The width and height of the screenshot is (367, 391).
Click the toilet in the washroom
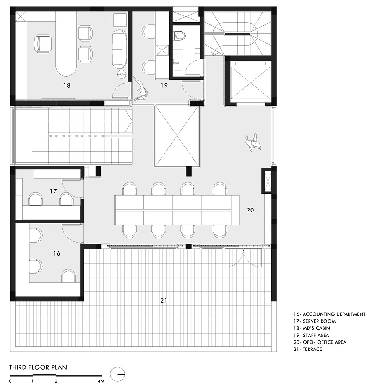click(x=179, y=36)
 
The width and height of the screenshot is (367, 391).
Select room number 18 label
click(x=67, y=85)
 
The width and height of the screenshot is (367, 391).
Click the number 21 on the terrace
click(x=164, y=301)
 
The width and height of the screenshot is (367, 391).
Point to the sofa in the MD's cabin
click(x=119, y=49)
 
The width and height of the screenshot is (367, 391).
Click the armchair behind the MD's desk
click(x=43, y=44)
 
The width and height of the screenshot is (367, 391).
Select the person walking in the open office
click(x=253, y=142)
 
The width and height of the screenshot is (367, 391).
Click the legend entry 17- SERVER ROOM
click(x=314, y=321)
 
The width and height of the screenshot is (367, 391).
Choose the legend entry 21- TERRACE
click(x=307, y=349)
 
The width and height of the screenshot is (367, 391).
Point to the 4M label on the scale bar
click(x=101, y=381)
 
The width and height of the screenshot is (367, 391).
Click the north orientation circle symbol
click(x=118, y=374)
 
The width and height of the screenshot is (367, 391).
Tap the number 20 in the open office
click(x=250, y=210)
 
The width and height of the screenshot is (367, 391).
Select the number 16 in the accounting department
click(x=57, y=253)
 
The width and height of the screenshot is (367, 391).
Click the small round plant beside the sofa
click(x=122, y=74)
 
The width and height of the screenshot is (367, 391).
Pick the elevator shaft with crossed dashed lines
click(x=250, y=83)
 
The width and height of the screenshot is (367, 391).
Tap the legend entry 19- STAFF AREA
click(x=311, y=335)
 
